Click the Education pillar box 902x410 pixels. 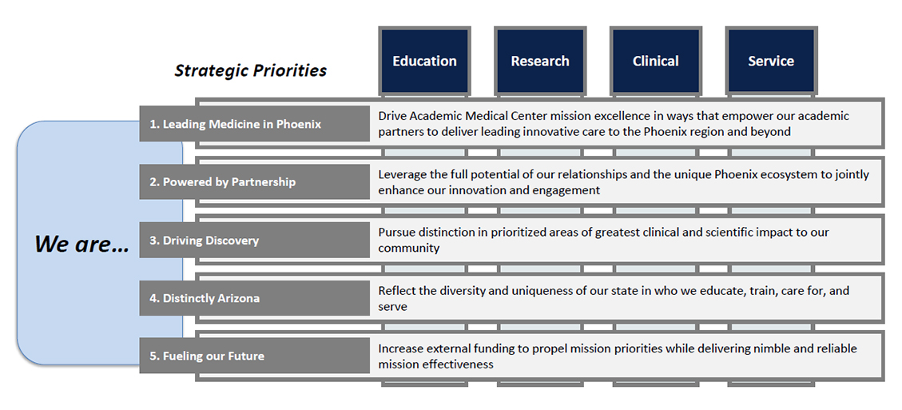[x=424, y=61]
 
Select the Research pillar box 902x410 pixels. [x=540, y=61]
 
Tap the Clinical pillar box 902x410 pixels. [x=656, y=61]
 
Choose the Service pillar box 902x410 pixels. [x=772, y=61]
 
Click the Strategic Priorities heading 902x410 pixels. [x=251, y=71]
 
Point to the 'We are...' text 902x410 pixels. [x=81, y=244]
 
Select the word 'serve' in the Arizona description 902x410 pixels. [x=392, y=307]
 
